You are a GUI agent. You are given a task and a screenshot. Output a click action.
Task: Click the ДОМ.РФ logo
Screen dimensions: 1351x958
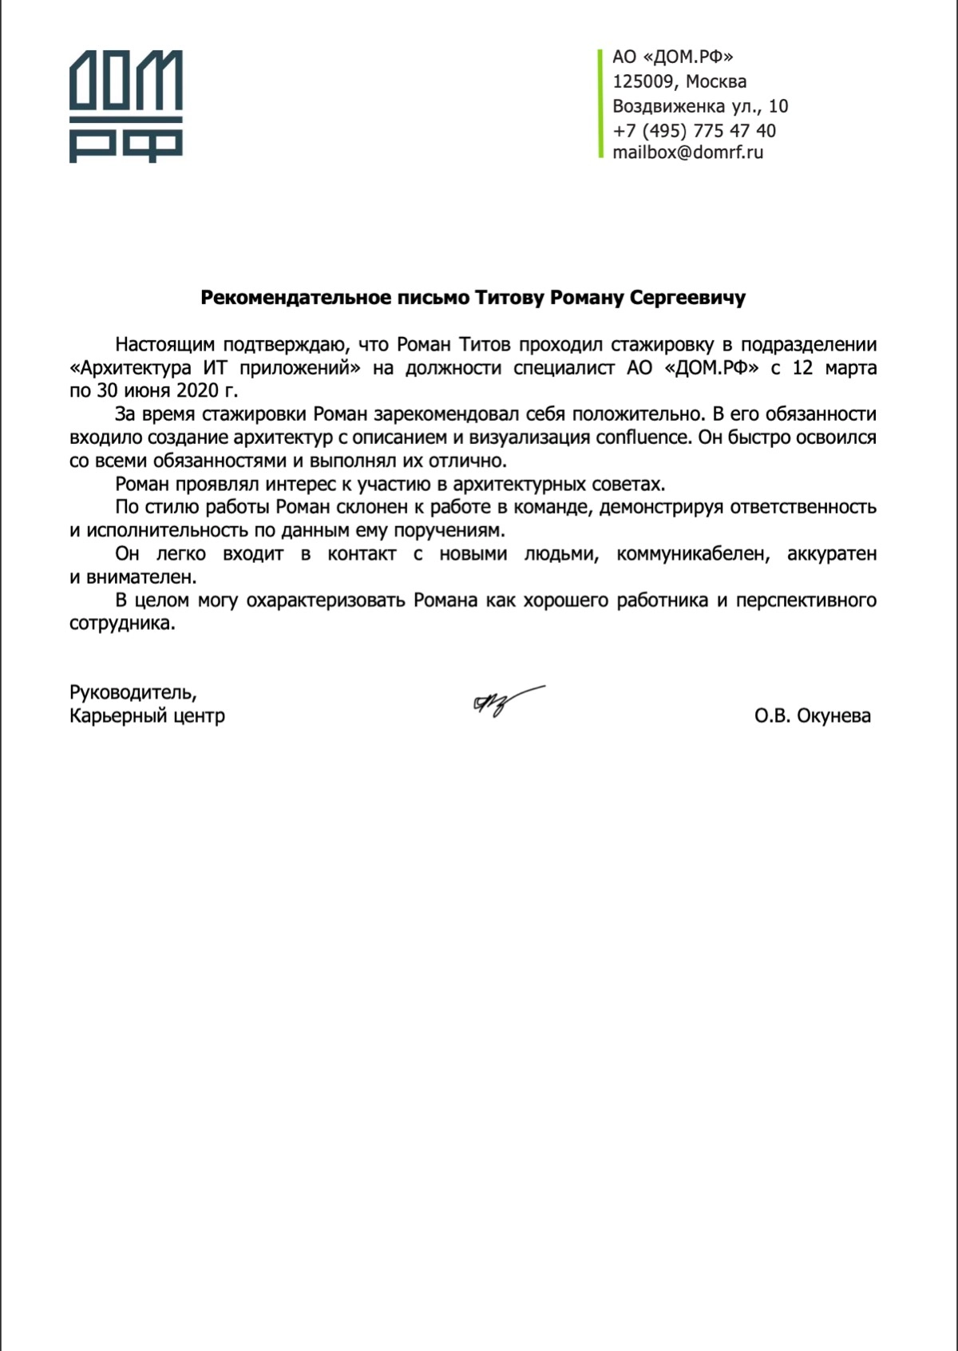(x=126, y=106)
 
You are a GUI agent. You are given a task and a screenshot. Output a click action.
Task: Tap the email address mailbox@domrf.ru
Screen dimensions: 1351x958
(x=687, y=153)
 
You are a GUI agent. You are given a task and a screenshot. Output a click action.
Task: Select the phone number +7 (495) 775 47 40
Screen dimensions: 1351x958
(x=694, y=130)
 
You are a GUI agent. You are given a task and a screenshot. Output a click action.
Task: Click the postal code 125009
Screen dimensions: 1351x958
(x=643, y=81)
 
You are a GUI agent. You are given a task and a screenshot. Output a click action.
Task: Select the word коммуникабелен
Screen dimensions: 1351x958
(x=693, y=554)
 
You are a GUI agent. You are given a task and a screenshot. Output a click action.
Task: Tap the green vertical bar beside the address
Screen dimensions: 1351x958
(x=600, y=104)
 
